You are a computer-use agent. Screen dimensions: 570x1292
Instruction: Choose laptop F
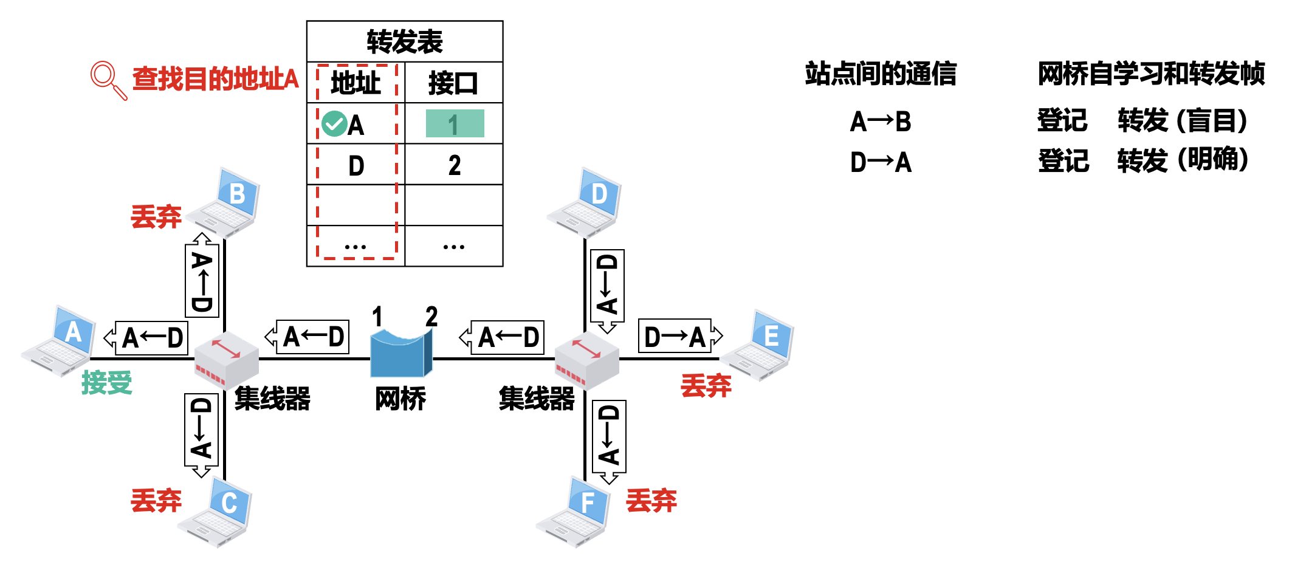coord(574,512)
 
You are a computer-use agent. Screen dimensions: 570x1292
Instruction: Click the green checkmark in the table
coord(334,124)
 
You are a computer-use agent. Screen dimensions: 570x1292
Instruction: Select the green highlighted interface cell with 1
coord(455,124)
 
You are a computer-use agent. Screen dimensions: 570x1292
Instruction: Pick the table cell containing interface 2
coord(455,165)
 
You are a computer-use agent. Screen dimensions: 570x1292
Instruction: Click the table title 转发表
coord(405,42)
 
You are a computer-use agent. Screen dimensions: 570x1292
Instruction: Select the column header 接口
coord(453,83)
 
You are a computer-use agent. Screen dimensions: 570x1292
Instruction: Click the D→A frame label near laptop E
coord(675,337)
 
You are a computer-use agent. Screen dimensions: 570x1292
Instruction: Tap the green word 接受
coord(107,383)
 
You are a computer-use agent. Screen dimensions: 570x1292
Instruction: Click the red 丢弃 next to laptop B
coord(156,217)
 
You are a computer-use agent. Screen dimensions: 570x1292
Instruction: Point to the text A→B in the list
coord(881,122)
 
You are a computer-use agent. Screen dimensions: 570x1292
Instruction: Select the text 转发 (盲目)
coord(1182,120)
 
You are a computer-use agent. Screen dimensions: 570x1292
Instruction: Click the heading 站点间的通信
coord(881,74)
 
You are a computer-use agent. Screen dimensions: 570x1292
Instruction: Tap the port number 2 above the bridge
coord(431,317)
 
